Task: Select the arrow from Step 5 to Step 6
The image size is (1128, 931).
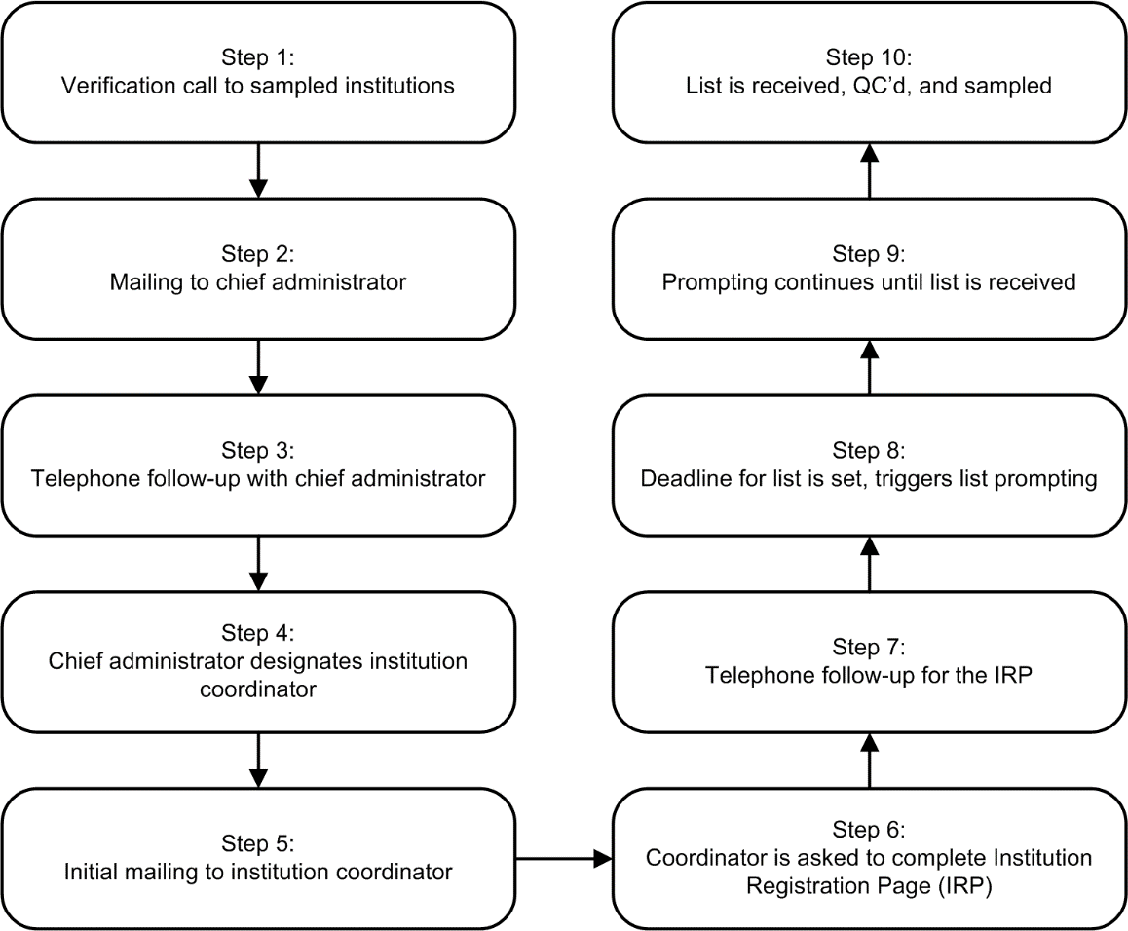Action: [x=562, y=859]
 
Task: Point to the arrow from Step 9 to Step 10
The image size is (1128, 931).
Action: [x=870, y=171]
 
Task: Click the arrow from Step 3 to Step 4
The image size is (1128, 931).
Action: [x=258, y=563]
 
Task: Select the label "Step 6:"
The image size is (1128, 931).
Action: [x=870, y=830]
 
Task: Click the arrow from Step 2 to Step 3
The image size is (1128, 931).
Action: [x=258, y=367]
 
